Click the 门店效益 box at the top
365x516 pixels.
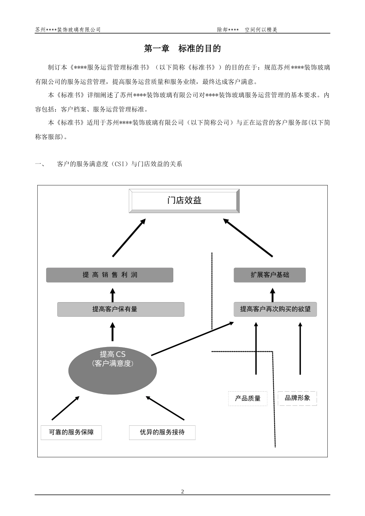(x=184, y=201)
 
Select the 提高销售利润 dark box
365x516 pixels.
(x=109, y=275)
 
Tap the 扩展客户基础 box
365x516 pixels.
(x=270, y=275)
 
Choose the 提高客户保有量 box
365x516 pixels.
(x=121, y=309)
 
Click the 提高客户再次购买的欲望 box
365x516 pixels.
(x=275, y=309)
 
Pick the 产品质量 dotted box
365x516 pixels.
(x=248, y=399)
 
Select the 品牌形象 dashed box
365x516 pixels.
(x=297, y=398)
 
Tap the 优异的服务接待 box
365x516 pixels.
(x=162, y=432)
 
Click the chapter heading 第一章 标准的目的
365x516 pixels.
(x=182, y=49)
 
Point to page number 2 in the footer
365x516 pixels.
(x=182, y=492)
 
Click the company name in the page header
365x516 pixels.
(x=68, y=30)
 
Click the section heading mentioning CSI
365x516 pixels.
(x=119, y=164)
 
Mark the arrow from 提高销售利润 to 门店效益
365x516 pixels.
(x=129, y=238)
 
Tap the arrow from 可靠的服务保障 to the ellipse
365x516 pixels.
(x=65, y=408)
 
